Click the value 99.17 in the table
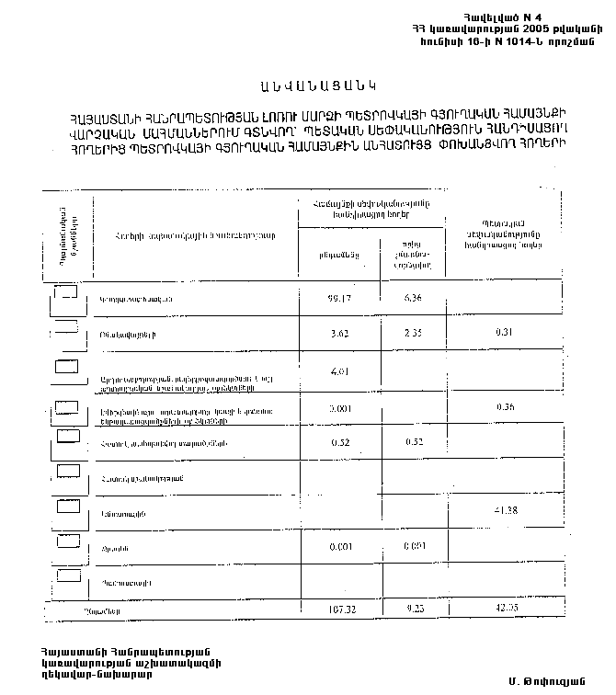tap(340, 299)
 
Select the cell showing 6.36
tap(413, 298)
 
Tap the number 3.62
tap(340, 334)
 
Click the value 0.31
tap(503, 333)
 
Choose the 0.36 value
tap(503, 406)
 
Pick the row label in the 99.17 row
tap(135, 301)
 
